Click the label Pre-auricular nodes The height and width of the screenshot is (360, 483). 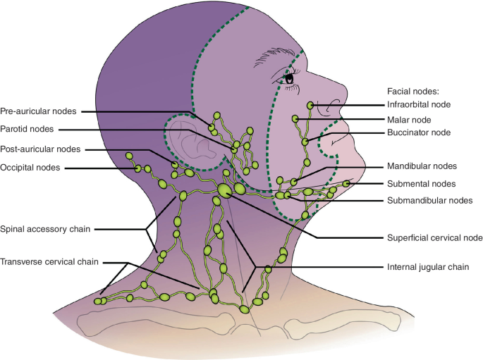39,111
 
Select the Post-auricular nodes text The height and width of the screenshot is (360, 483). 41,149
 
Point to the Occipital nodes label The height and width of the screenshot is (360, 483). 30,167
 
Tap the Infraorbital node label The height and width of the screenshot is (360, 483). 422,105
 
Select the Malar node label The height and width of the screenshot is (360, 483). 410,120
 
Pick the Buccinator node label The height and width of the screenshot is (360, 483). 420,132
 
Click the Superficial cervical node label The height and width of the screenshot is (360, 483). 435,237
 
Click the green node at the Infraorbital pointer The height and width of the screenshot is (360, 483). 310,105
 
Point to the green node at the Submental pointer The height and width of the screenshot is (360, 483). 348,184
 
